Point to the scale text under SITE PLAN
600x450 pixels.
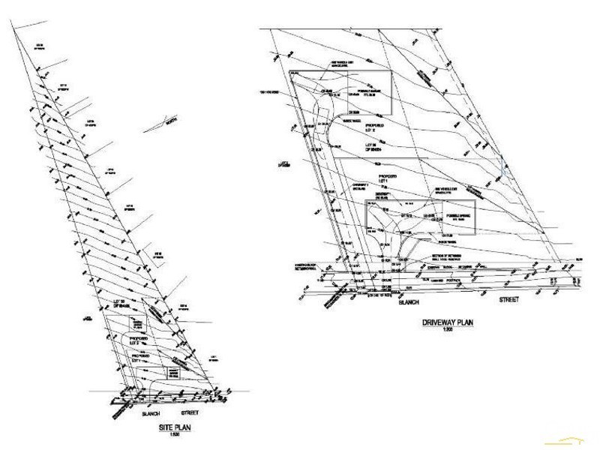pos(167,435)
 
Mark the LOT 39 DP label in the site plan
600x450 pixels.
pos(121,304)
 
